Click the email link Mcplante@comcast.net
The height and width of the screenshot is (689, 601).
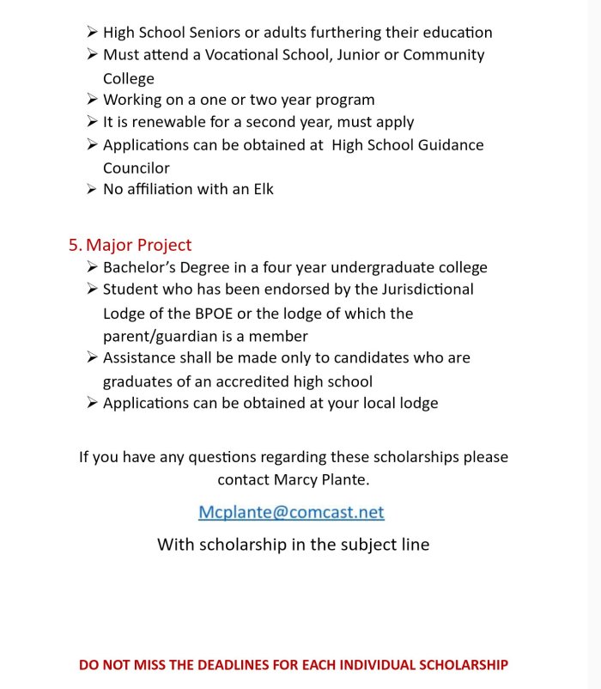pyautogui.click(x=291, y=513)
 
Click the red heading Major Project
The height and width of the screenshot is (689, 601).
pyautogui.click(x=139, y=245)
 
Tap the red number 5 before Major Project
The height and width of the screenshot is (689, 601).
pyautogui.click(x=74, y=245)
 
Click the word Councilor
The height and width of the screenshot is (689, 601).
pyautogui.click(x=137, y=168)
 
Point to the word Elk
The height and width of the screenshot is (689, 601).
pyautogui.click(x=260, y=188)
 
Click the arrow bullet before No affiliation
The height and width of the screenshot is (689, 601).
pyautogui.click(x=92, y=188)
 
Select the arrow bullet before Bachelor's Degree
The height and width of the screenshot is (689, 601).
pyautogui.click(x=92, y=267)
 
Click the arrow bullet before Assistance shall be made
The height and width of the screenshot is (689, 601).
pyautogui.click(x=92, y=357)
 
